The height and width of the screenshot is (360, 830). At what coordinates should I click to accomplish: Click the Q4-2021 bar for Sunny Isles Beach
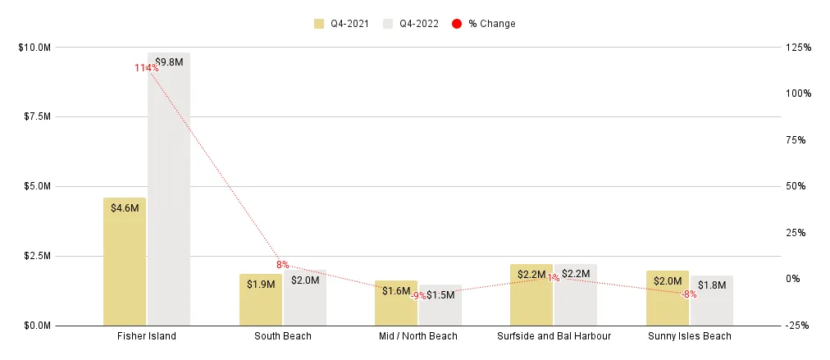click(x=667, y=303)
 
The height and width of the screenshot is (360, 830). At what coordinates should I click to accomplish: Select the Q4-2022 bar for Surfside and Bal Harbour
click(x=576, y=300)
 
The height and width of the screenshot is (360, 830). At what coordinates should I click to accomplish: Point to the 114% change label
click(x=147, y=68)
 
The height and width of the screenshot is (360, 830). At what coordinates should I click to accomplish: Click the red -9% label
click(x=418, y=295)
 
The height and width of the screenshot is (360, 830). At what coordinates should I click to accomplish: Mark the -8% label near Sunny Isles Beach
click(x=689, y=294)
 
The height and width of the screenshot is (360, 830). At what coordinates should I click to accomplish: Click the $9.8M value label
click(x=169, y=62)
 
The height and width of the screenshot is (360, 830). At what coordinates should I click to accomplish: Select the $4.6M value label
click(x=125, y=208)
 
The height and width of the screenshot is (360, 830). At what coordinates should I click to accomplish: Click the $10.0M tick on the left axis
click(x=34, y=48)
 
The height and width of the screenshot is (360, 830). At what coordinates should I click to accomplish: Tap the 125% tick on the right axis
click(x=798, y=48)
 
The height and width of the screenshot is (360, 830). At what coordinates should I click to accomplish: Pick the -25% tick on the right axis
click(x=798, y=326)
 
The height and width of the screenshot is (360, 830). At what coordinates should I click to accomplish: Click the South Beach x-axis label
click(x=282, y=336)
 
